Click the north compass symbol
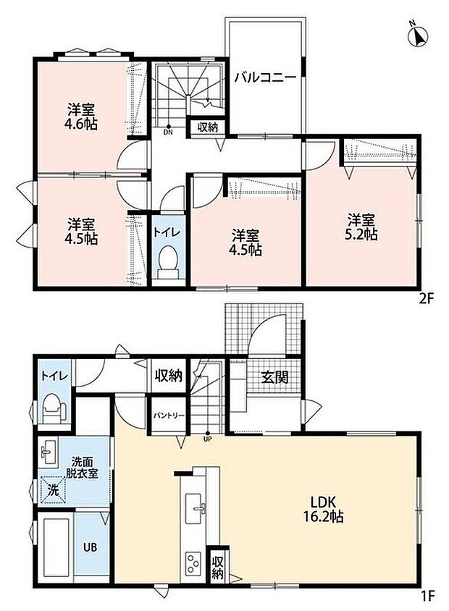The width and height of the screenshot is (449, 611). [417, 35]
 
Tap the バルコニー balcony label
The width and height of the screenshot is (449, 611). [265, 77]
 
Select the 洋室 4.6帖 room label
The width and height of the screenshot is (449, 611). [80, 116]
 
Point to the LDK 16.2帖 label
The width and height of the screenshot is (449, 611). [323, 509]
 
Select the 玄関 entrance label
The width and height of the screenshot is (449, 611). [274, 377]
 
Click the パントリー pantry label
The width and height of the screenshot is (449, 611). [168, 416]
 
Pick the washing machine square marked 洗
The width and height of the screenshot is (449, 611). [53, 490]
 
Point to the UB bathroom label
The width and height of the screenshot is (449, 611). [90, 547]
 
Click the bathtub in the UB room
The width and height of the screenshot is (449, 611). [55, 547]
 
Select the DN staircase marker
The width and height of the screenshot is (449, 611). [168, 130]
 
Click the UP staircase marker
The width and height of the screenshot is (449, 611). [207, 436]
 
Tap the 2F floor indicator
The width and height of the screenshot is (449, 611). [426, 298]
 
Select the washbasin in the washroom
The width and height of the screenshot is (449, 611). [49, 452]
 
